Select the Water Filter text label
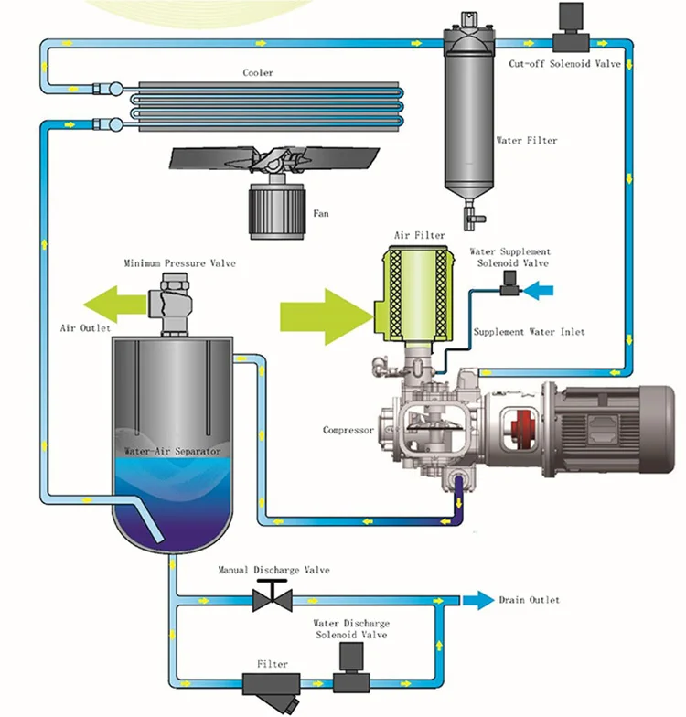tap(526, 141)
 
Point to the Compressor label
tap(348, 430)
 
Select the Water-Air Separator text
tap(172, 452)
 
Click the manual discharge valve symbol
tap(272, 599)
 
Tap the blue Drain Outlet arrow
tap(476, 600)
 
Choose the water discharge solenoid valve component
tap(350, 669)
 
